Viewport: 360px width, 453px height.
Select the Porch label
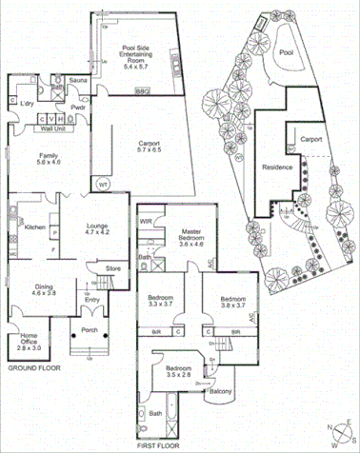[90, 331]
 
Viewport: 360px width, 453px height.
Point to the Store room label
[113, 268]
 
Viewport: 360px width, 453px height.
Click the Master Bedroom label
[193, 237]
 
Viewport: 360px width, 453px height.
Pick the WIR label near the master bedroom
[147, 222]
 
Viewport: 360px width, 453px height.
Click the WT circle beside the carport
[103, 185]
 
